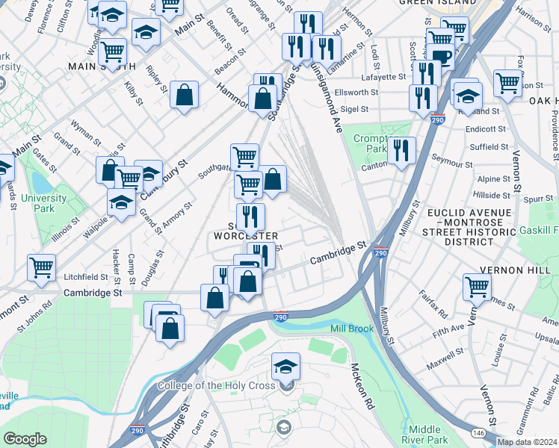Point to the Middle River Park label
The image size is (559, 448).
[426, 434]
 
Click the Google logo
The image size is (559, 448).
[25, 439]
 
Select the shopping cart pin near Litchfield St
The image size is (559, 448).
[42, 267]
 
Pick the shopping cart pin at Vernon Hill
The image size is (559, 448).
[477, 285]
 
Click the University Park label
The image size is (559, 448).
[43, 202]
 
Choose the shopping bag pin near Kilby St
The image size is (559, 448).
[184, 96]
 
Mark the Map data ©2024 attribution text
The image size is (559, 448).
[528, 442]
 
